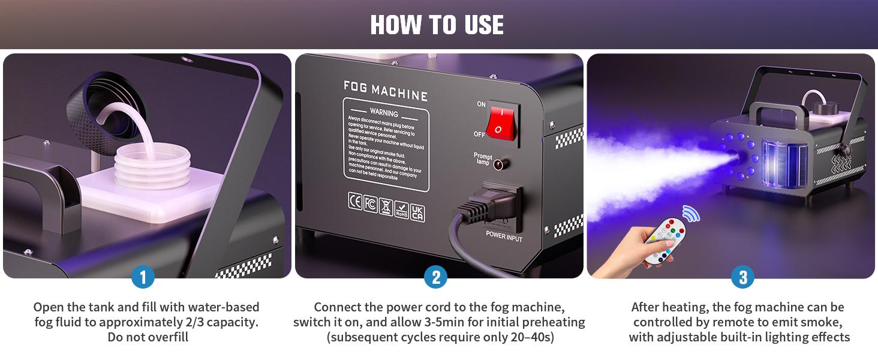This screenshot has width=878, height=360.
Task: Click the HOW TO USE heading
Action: tap(437, 25)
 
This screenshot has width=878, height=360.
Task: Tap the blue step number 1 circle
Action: tap(143, 277)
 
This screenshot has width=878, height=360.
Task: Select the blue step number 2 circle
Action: tap(436, 277)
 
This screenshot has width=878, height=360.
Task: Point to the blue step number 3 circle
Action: tap(743, 277)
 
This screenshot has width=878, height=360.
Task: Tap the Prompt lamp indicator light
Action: tap(498, 163)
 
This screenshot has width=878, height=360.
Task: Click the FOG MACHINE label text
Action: tap(386, 91)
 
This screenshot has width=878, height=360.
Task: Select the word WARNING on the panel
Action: tap(384, 113)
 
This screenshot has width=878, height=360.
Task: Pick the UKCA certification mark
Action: tap(417, 213)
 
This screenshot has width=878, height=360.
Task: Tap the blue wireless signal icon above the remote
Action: tap(692, 213)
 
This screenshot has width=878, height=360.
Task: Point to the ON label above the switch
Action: tap(481, 104)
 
